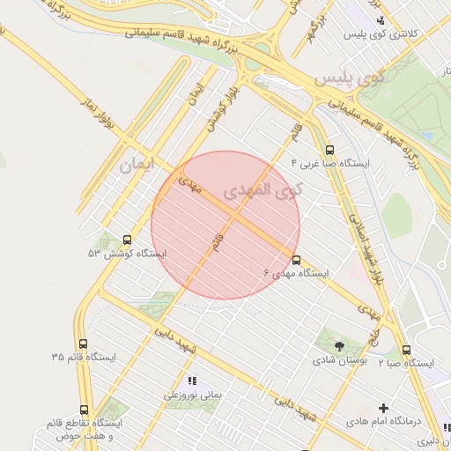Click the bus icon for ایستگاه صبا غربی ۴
330,150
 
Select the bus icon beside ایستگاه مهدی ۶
296,260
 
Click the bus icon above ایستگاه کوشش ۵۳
128,239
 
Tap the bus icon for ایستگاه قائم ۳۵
84,344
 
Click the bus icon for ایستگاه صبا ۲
406,349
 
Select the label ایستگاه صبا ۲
406,363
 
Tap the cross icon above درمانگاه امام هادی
383,408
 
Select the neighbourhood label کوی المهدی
261,190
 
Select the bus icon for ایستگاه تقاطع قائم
85,410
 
